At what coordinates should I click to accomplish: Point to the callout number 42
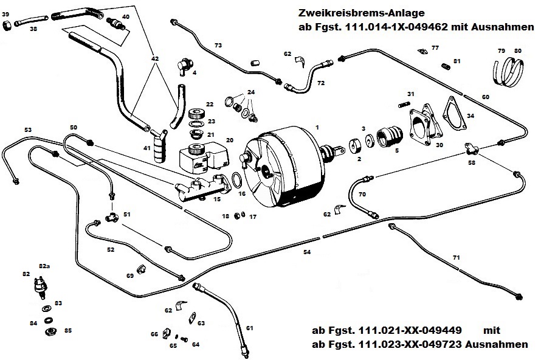coord(155,59)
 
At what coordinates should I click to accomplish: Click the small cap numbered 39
coord(7,26)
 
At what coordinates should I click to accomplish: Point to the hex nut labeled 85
coord(52,331)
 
